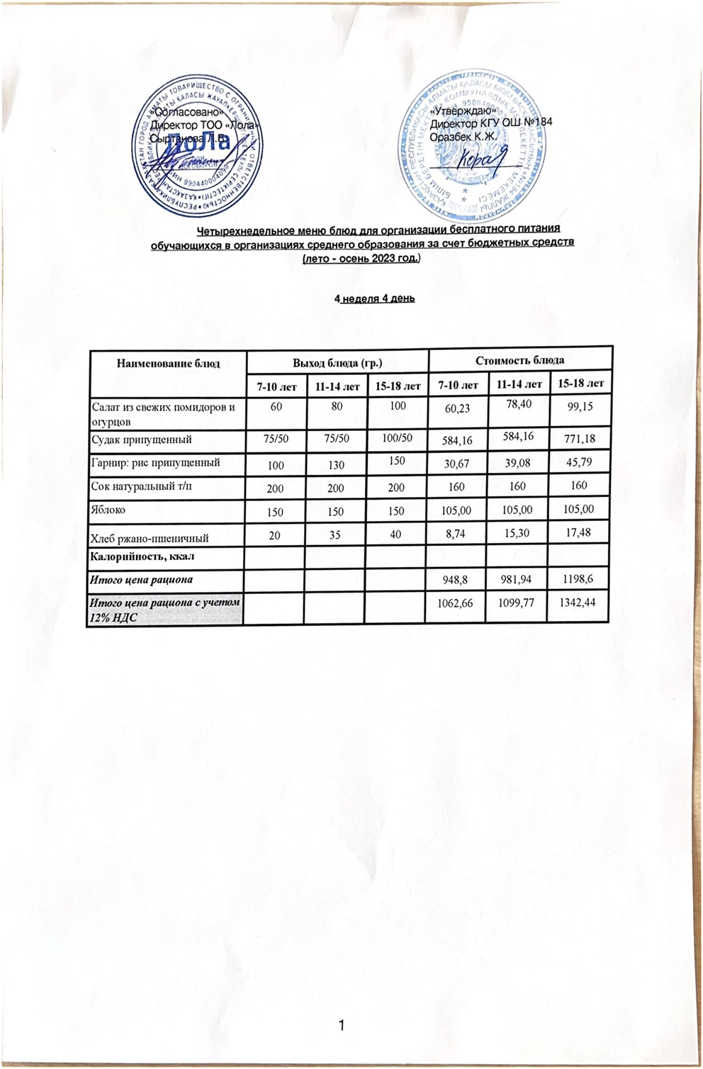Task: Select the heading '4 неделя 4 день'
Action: pos(374,298)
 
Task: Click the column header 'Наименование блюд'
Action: pos(168,364)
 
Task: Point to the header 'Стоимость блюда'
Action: pos(519,360)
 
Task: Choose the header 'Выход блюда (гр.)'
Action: pos(337,363)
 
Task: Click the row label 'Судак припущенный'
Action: pos(142,440)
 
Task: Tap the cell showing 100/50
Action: pos(397,438)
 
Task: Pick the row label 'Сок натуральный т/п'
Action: pos(142,486)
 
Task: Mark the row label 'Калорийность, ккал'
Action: pos(142,556)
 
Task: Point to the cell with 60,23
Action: pos(457,408)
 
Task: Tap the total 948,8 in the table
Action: pos(457,580)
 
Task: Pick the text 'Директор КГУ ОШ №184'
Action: pos(491,123)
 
